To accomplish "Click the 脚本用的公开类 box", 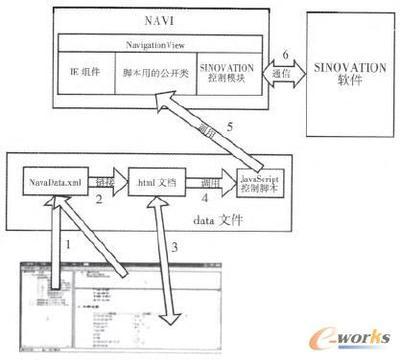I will click(151, 74).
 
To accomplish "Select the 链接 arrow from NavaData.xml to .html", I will click(104, 184).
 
